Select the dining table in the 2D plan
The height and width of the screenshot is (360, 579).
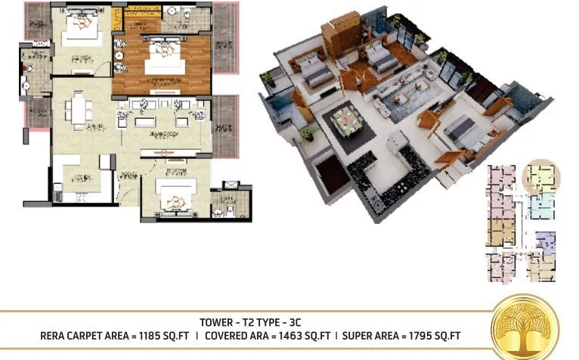click(x=79, y=110)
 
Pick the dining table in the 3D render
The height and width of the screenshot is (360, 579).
click(x=345, y=119)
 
